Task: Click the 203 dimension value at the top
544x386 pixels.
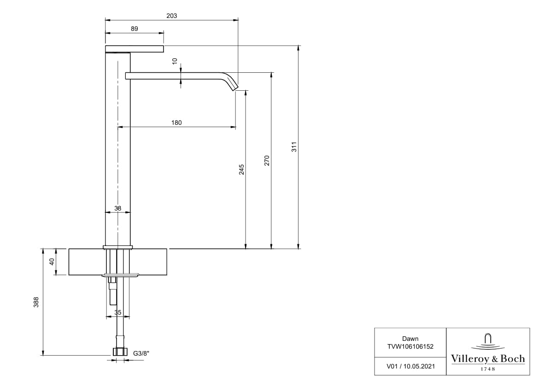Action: (171, 16)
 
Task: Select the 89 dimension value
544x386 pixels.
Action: (134, 29)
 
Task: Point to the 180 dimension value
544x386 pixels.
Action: (176, 123)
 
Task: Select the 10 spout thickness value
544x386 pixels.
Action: (175, 62)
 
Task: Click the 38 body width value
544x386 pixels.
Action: (117, 208)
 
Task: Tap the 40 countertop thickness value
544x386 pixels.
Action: (52, 262)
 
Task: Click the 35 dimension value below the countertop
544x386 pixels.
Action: (117, 313)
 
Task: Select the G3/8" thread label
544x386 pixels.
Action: (141, 353)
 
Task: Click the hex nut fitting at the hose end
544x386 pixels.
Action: (120, 352)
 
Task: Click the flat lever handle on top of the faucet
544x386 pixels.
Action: (135, 49)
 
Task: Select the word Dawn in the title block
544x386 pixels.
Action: (410, 339)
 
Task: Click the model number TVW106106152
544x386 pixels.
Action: (410, 346)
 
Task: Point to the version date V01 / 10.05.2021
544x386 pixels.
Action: (410, 366)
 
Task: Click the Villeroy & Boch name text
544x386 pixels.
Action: (487, 359)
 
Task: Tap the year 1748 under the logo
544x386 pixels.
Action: (487, 369)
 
